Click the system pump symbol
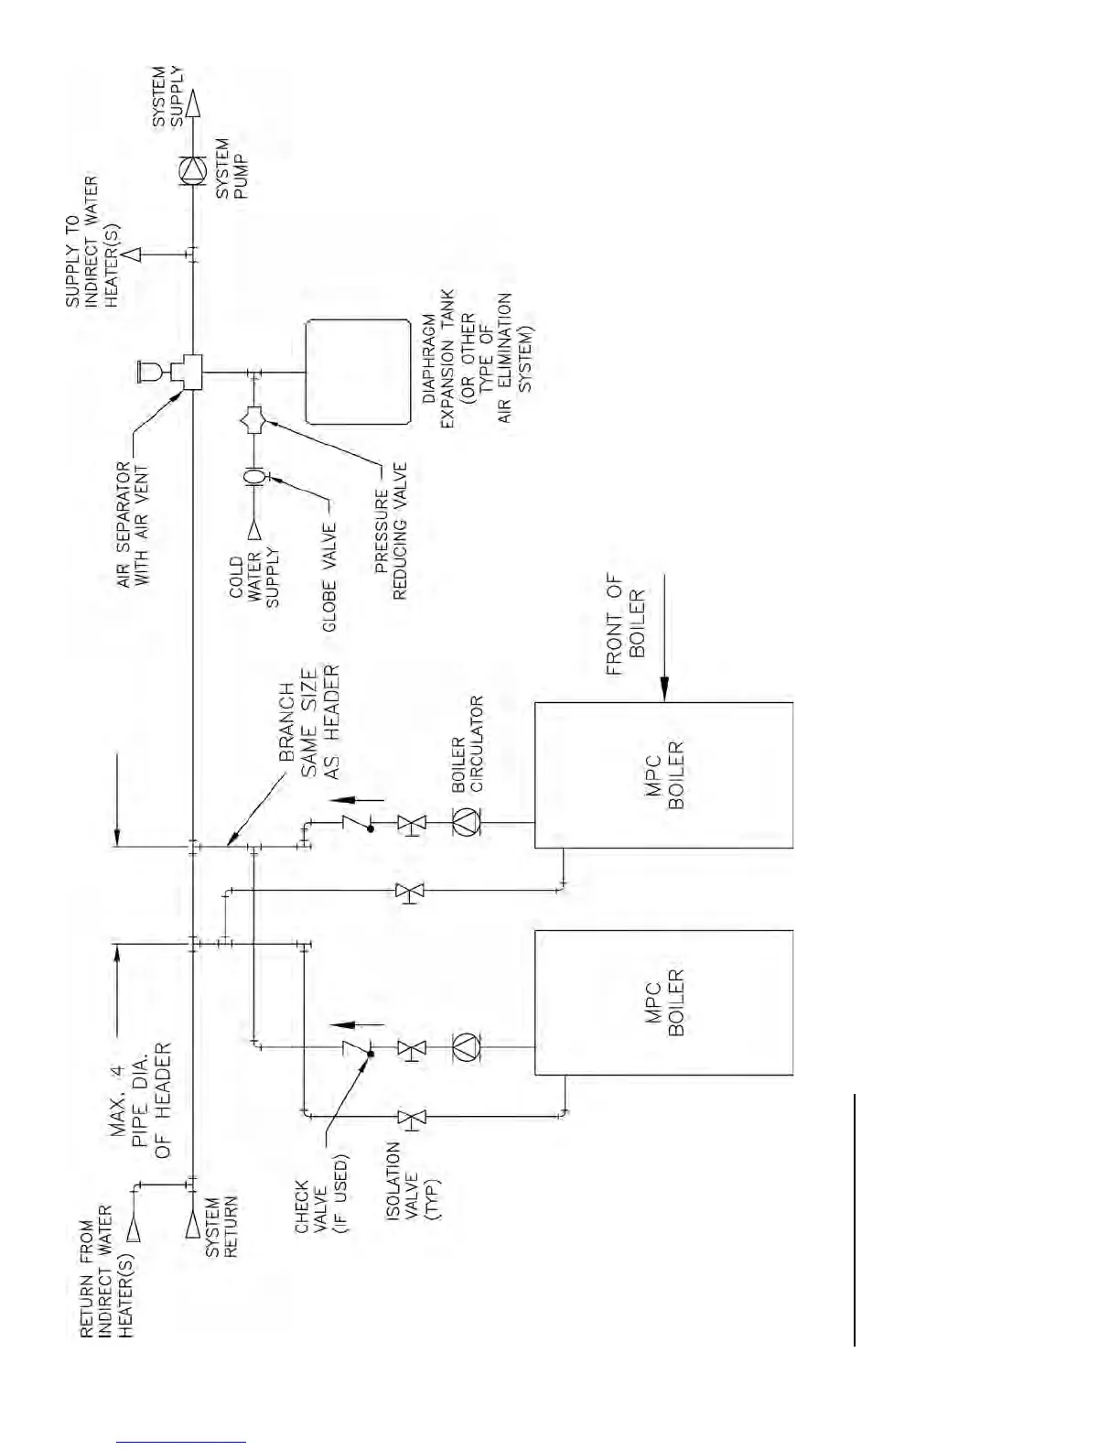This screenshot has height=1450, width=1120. point(192,171)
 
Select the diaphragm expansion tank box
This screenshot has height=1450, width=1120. point(358,372)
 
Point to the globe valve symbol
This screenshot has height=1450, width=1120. point(253,476)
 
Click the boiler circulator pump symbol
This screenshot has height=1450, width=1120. point(466,822)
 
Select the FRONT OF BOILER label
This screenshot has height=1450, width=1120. point(626,624)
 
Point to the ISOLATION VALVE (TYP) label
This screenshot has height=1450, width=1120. point(412,1181)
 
